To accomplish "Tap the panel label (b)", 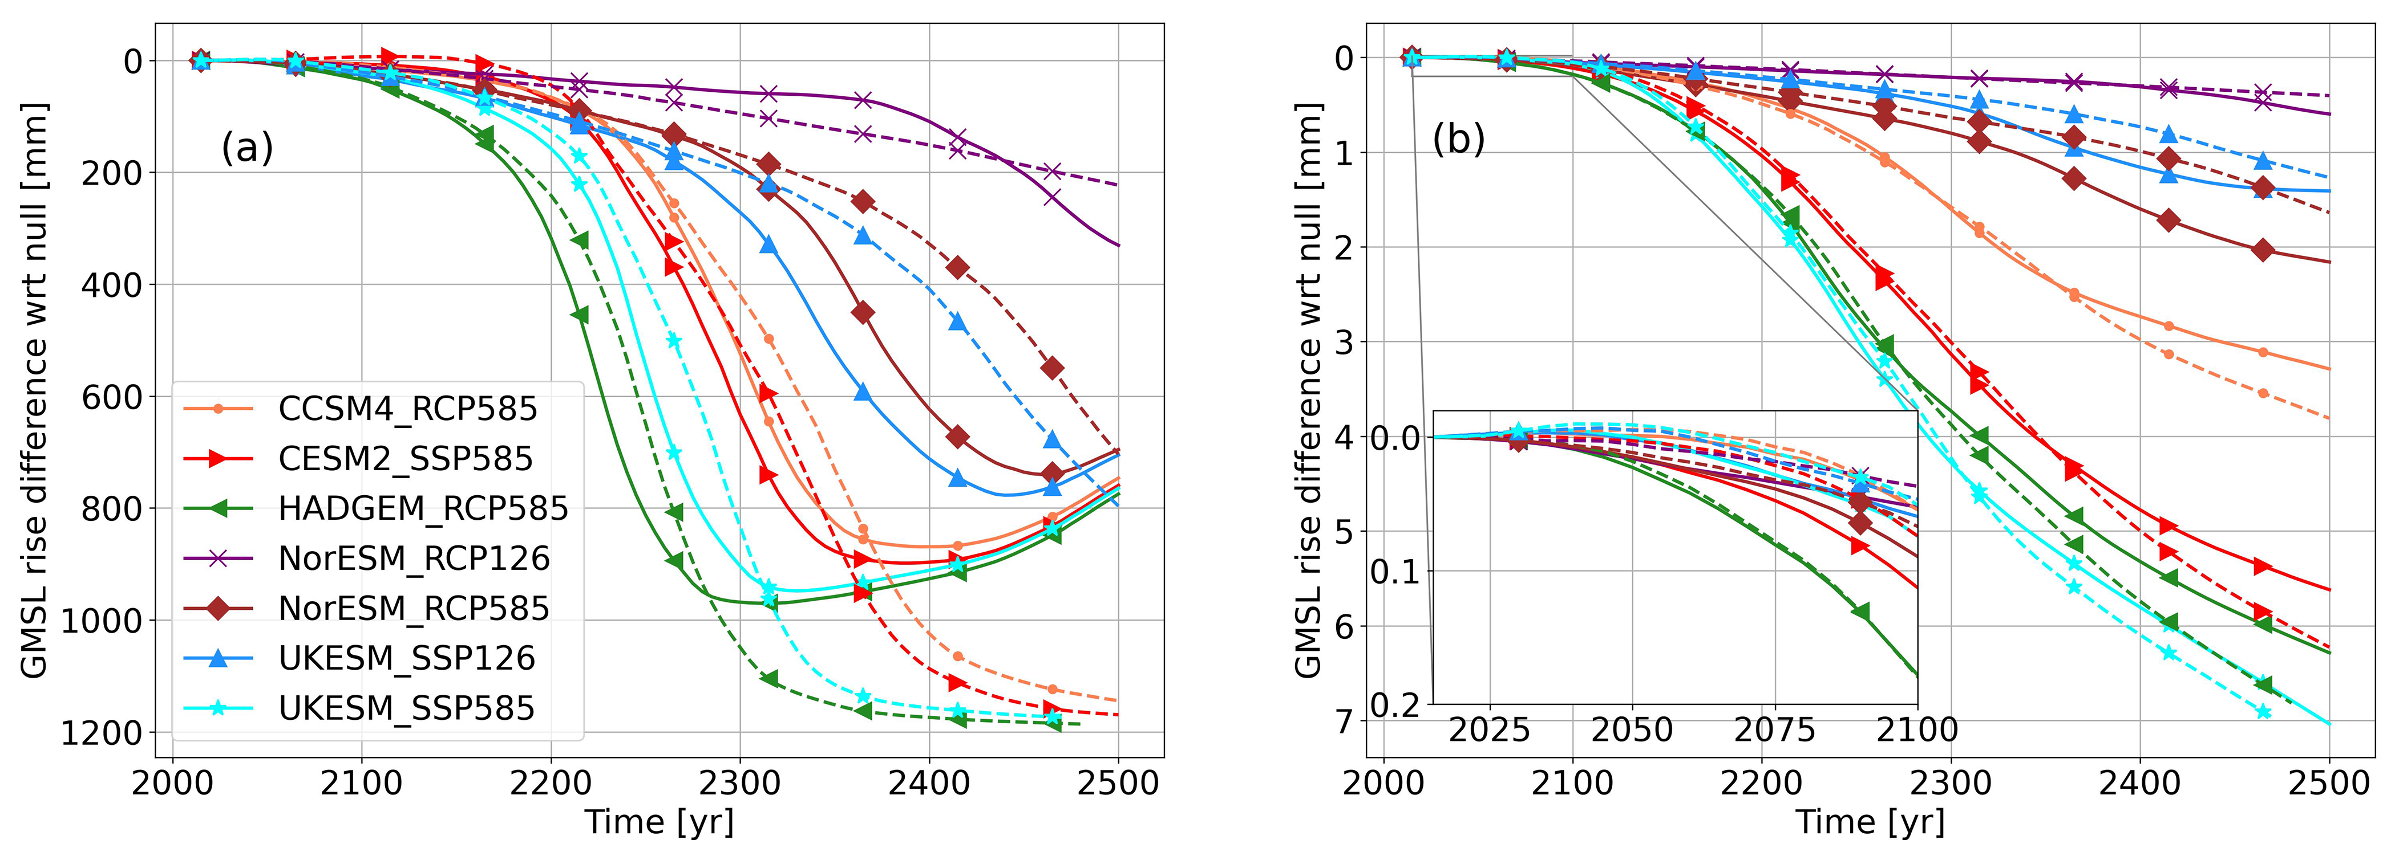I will pos(1458,140).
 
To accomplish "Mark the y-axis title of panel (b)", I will pos(1308,391).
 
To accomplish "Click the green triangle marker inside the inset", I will pos(1860,612).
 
